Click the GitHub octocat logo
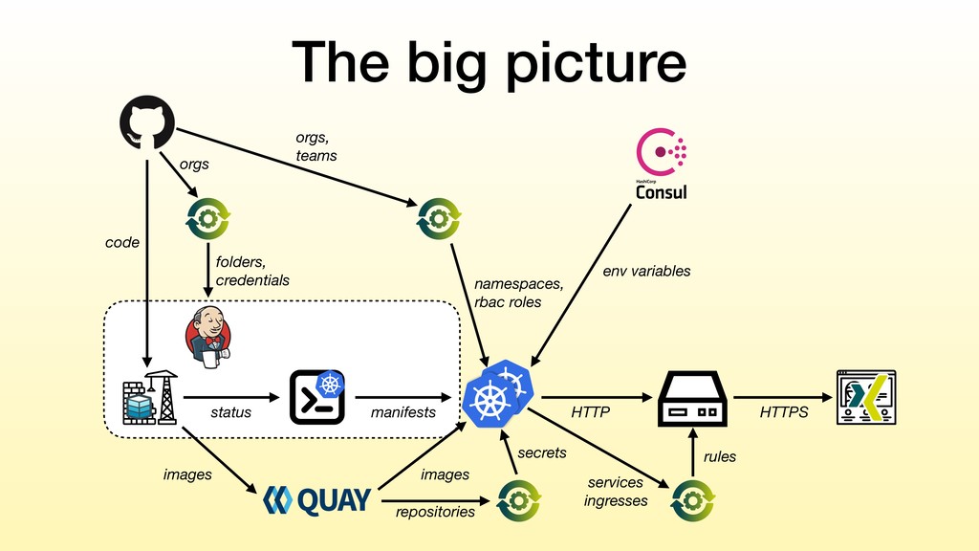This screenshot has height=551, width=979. tap(146, 122)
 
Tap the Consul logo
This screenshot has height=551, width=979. tap(662, 164)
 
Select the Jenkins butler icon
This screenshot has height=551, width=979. tap(208, 338)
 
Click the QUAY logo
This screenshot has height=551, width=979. tap(317, 500)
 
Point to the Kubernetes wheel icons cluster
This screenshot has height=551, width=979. tap(499, 393)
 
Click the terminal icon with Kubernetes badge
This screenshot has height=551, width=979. tap(317, 397)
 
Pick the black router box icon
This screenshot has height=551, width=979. tap(692, 399)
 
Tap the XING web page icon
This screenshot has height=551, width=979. tap(866, 397)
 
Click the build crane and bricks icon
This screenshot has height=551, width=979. tap(150, 398)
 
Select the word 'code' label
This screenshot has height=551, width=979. tap(122, 242)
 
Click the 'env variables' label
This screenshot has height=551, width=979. tap(647, 271)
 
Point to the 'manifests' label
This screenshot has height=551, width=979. tap(403, 412)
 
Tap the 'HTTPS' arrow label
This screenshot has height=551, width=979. tap(784, 412)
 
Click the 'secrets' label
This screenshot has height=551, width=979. tap(542, 452)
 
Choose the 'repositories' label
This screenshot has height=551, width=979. tap(435, 513)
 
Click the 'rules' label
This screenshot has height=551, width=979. tap(720, 456)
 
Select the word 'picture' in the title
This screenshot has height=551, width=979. tap(596, 62)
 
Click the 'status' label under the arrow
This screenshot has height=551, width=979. tap(231, 412)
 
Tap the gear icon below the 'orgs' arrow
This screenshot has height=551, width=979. tap(208, 219)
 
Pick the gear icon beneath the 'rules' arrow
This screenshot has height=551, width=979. tap(693, 500)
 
